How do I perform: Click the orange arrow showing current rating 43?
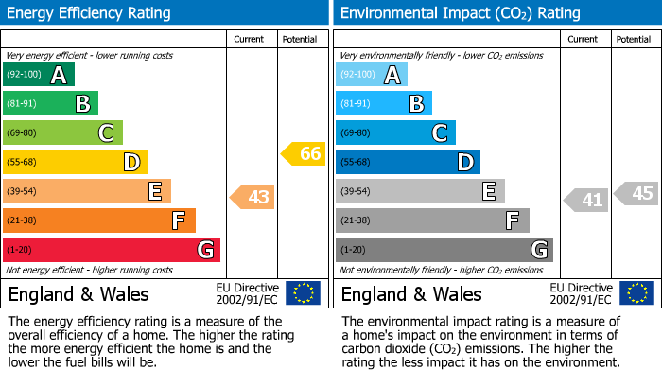tap(253, 197)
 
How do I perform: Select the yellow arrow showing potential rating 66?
tap(304, 153)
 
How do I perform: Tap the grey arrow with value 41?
tap(586, 200)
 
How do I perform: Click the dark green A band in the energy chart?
tap(38, 75)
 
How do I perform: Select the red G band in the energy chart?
tap(111, 250)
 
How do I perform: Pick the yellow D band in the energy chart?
tap(75, 163)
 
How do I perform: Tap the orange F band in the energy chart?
tap(99, 220)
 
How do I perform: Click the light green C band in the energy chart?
tap(62, 133)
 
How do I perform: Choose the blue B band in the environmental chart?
tap(384, 104)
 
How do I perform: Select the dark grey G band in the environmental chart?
tap(444, 250)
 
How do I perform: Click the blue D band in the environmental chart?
tap(408, 163)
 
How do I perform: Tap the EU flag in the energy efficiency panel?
tap(304, 293)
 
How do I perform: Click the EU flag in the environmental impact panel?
tap(636, 293)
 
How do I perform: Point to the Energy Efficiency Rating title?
tap(90, 13)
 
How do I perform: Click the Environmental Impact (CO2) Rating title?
tap(460, 13)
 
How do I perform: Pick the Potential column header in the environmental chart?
tap(634, 39)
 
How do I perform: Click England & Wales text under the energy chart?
tap(76, 294)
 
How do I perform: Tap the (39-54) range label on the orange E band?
tap(23, 192)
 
